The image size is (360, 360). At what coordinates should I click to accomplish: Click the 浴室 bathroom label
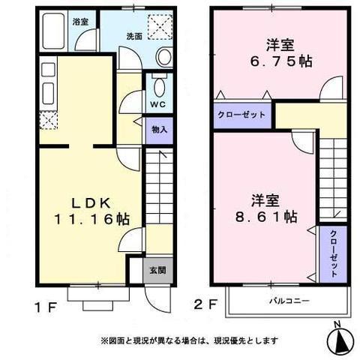click(x=80, y=22)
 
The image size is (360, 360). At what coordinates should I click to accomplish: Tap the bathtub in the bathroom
click(x=53, y=31)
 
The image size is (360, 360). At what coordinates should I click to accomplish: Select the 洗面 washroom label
click(x=134, y=37)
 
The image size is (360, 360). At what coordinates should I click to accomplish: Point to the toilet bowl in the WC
click(x=160, y=85)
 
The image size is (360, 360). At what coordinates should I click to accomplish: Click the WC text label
click(x=158, y=104)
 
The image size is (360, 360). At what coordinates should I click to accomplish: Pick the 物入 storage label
click(x=160, y=130)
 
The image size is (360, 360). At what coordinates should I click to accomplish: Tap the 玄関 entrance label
click(x=157, y=270)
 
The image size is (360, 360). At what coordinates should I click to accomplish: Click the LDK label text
click(x=91, y=203)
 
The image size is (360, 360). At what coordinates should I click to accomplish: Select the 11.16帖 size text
click(x=91, y=219)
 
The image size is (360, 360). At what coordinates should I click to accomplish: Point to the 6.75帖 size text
click(x=281, y=61)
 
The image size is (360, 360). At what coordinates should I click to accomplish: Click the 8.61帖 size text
click(x=266, y=217)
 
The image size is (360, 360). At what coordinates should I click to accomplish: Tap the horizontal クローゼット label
click(x=241, y=115)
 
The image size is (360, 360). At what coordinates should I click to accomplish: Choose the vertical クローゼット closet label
click(x=334, y=253)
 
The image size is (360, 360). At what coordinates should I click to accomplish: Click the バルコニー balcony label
click(x=289, y=301)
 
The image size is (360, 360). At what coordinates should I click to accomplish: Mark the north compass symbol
click(x=340, y=340)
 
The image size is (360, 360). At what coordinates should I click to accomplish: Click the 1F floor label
click(x=46, y=307)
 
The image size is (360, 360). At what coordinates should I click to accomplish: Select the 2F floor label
click(x=205, y=304)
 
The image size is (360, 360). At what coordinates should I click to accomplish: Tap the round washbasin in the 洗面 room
click(x=164, y=56)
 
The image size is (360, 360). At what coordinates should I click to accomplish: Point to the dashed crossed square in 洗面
click(x=160, y=27)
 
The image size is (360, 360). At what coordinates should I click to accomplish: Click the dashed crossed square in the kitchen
click(x=49, y=121)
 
